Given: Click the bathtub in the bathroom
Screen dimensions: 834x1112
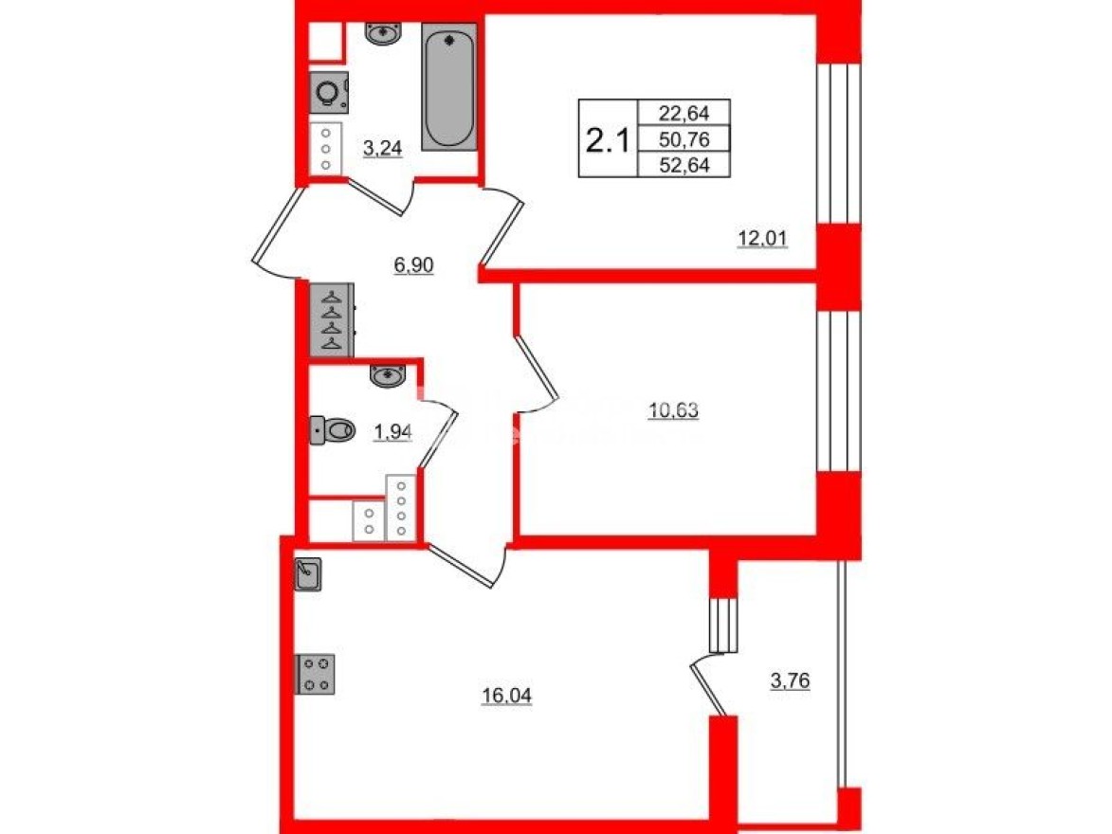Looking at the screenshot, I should (x=448, y=86).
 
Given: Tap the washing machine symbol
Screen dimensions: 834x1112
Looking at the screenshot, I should (x=328, y=95).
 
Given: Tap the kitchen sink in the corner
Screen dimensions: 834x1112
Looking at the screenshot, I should (x=309, y=574).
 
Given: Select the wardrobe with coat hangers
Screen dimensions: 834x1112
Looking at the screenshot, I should (x=332, y=319).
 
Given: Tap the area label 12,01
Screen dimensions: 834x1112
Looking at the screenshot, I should (x=763, y=239).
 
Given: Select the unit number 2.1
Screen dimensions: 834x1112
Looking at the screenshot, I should (x=607, y=141).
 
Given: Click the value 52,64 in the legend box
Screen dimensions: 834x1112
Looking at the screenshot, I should (x=684, y=166).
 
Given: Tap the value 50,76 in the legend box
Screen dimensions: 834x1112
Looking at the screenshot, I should (x=684, y=139).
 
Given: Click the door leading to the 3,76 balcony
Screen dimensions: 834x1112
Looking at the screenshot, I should (x=711, y=687).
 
